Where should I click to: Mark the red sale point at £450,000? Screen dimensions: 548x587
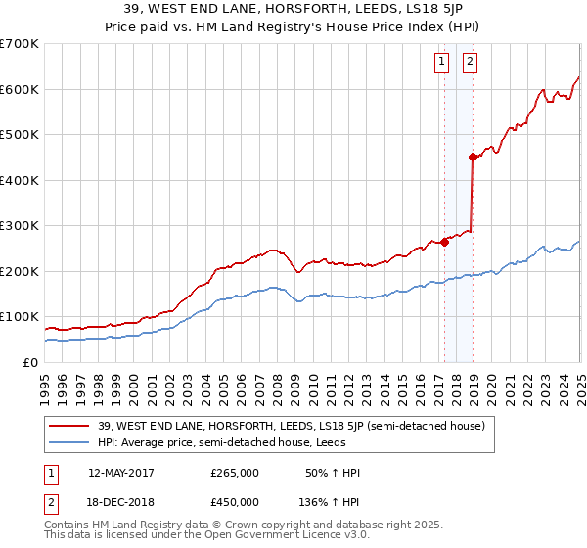click(474, 157)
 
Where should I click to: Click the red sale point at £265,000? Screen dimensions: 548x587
click(444, 242)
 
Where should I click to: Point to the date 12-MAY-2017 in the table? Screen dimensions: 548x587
click(121, 473)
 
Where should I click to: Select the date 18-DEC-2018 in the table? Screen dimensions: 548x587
click(121, 502)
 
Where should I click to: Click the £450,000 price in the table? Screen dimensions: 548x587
click(235, 502)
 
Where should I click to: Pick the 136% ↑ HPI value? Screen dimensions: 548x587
click(330, 502)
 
